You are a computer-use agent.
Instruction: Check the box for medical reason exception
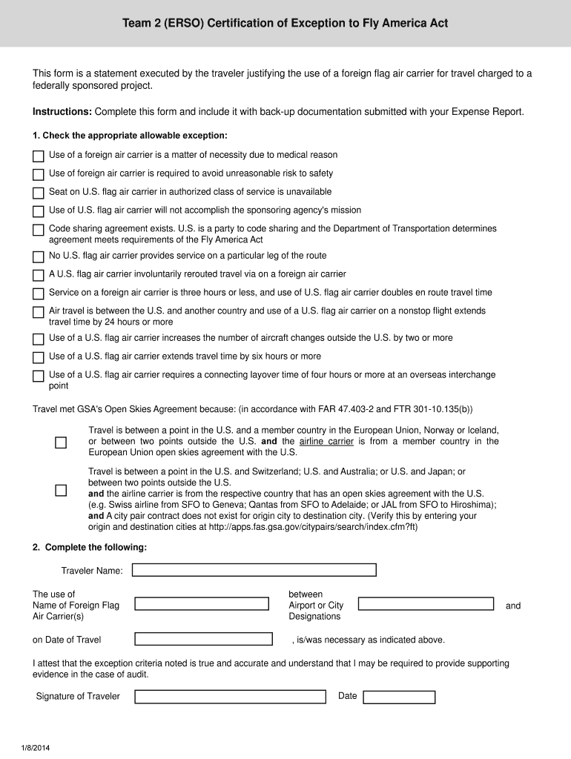tap(39, 156)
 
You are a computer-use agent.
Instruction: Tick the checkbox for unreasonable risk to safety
tap(39, 175)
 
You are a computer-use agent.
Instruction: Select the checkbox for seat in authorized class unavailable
tap(39, 193)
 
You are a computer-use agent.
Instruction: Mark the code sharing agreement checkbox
tap(39, 231)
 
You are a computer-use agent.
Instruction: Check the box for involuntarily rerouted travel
tap(39, 276)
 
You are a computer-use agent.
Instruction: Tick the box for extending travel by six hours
tap(39, 358)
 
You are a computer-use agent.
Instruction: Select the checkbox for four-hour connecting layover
tap(39, 377)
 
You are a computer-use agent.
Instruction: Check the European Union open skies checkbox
tap(61, 443)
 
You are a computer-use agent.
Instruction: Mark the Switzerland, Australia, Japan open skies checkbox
tap(61, 491)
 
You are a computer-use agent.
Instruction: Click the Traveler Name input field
tap(254, 570)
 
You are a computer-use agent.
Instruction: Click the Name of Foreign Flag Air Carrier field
tap(201, 604)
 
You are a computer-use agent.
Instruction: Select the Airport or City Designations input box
tap(426, 604)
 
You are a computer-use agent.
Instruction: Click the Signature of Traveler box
tap(230, 697)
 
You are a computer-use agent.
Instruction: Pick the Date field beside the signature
tap(399, 697)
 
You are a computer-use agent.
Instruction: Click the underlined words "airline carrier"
tap(326, 442)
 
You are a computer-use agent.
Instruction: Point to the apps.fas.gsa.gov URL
tap(334, 526)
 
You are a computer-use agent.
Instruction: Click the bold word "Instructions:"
tap(62, 112)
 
